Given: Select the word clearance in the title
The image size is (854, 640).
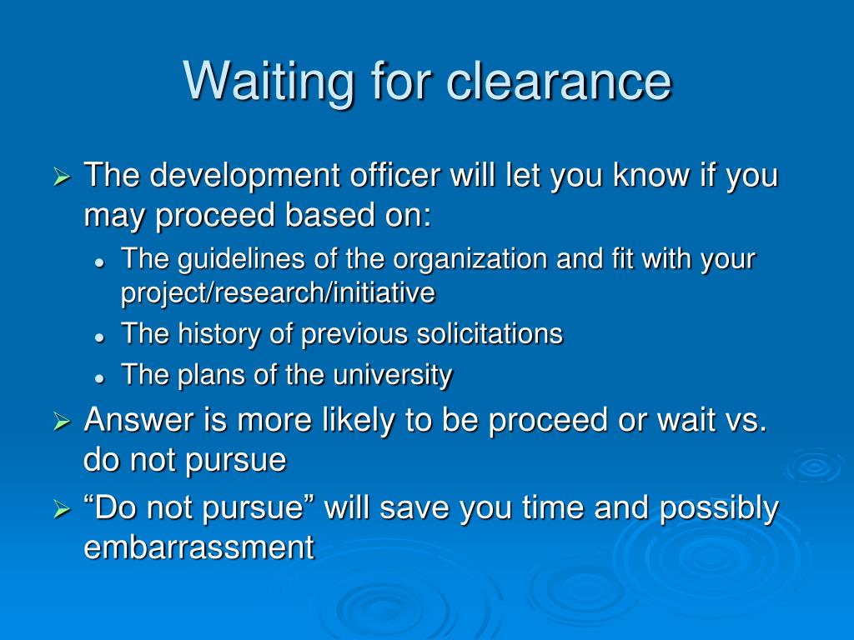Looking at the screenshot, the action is [x=559, y=81].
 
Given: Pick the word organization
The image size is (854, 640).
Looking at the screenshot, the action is [x=470, y=260].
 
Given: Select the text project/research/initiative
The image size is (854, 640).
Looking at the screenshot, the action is [x=278, y=292].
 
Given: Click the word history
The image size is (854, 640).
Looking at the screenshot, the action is [x=219, y=333].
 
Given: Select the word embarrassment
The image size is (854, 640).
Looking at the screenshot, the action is [x=198, y=547].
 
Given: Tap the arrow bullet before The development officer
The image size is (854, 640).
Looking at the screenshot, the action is [x=62, y=177].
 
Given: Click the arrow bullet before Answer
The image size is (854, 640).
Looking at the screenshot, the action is [x=62, y=422].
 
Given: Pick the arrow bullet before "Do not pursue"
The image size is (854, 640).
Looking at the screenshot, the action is [x=62, y=509].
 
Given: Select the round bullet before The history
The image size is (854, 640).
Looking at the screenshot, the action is [x=99, y=337].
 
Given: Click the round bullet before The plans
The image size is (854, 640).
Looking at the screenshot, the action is [x=99, y=378].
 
